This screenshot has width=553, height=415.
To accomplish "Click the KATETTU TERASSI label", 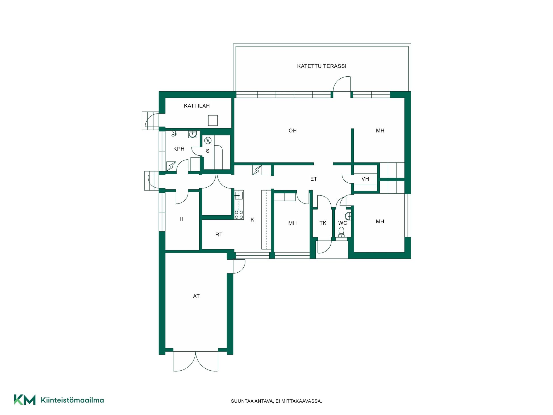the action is click(321, 66).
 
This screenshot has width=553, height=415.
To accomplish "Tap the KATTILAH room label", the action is click(197, 106).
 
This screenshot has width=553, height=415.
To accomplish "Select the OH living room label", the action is click(292, 131).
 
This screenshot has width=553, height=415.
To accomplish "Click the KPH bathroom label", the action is click(179, 149).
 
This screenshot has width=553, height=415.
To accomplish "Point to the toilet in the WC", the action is click(341, 232).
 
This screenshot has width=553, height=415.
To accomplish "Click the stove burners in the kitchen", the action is click(239, 215).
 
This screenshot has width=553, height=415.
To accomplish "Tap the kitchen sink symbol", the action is click(239, 196).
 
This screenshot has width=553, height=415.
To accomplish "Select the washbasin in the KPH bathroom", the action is click(193, 134).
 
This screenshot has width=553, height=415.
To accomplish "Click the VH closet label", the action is click(365, 179).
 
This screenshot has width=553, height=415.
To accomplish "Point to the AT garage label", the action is click(196, 296).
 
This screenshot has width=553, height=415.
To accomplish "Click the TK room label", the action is click(323, 223).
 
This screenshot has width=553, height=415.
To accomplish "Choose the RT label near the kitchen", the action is click(219, 235).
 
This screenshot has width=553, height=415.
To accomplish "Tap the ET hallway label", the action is click(313, 179).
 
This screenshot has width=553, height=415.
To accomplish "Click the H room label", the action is click(181, 219).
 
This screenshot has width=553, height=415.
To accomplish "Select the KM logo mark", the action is click(25, 400).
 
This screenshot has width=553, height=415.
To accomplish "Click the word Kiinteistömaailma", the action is click(72, 400).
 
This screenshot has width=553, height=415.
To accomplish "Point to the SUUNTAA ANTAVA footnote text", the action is click(276, 401).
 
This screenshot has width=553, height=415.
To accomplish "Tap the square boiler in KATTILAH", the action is click(213, 120).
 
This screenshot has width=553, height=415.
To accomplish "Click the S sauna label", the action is click(208, 151).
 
